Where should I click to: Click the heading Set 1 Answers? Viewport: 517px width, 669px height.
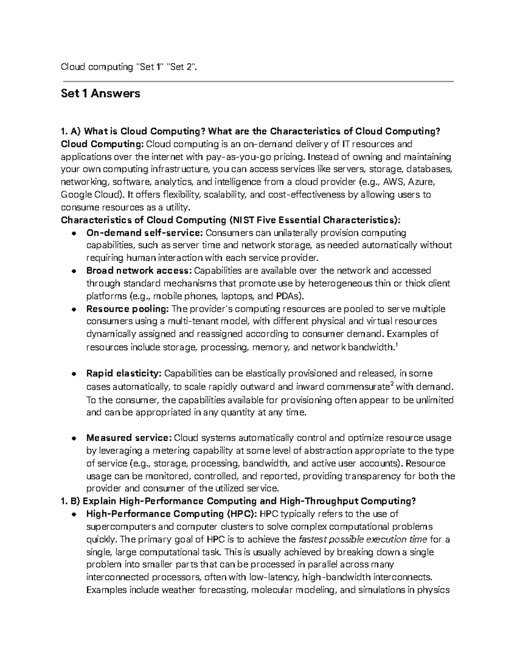click(100, 93)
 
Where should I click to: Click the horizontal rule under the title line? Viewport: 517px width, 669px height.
click(258, 81)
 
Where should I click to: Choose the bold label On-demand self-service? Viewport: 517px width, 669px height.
click(144, 233)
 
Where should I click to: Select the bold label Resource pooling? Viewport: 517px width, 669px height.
click(128, 309)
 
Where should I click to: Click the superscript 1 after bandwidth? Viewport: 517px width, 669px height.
click(396, 345)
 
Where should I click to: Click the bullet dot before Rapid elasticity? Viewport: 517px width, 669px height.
click(74, 373)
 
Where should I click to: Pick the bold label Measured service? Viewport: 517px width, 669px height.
click(129, 438)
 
